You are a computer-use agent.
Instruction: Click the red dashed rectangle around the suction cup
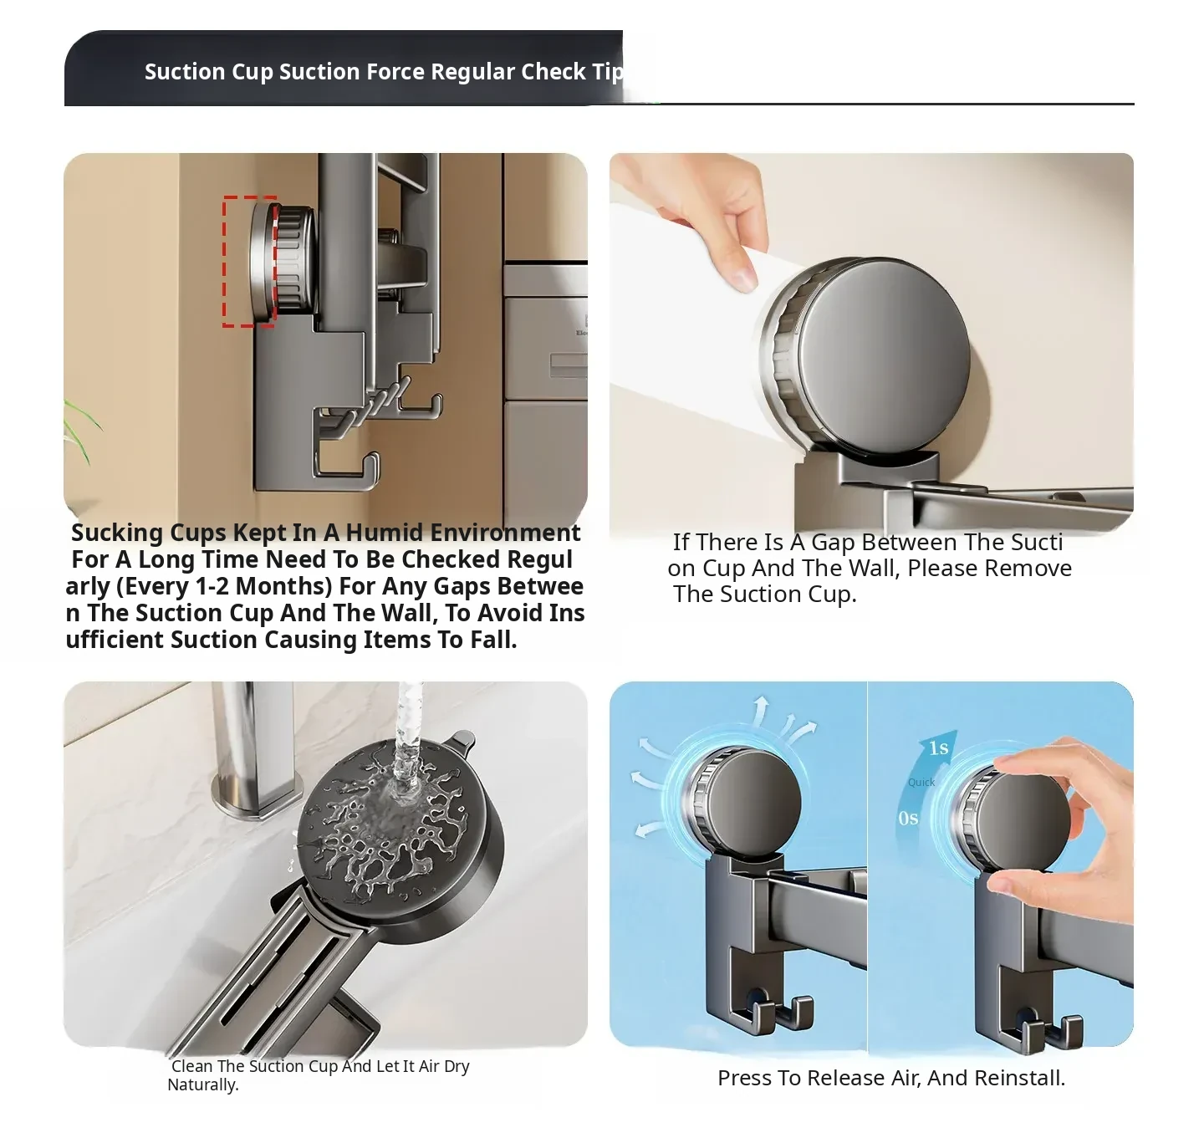(x=224, y=261)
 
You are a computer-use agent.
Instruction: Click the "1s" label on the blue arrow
(x=938, y=748)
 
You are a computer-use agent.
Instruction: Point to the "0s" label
(x=908, y=819)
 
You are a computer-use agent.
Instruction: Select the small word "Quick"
(x=921, y=783)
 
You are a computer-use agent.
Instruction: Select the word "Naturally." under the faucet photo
(x=203, y=1085)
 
